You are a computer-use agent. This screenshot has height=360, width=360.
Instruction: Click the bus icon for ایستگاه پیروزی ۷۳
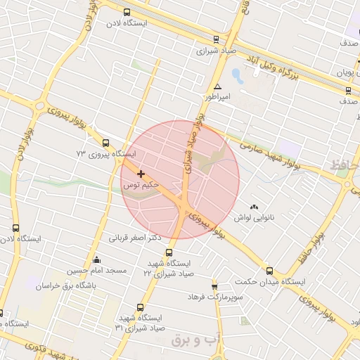[x=105, y=141]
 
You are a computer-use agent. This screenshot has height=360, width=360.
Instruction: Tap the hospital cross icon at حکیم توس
[x=141, y=173]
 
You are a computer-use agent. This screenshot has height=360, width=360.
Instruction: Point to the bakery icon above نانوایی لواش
[x=254, y=207]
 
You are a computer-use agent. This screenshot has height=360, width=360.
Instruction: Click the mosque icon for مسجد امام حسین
[x=97, y=259]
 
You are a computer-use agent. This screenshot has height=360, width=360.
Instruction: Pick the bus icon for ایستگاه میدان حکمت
[x=269, y=270]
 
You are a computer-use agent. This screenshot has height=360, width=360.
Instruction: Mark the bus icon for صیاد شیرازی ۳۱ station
[x=140, y=307]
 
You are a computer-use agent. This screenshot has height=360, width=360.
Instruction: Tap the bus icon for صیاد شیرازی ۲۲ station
[x=168, y=252]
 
